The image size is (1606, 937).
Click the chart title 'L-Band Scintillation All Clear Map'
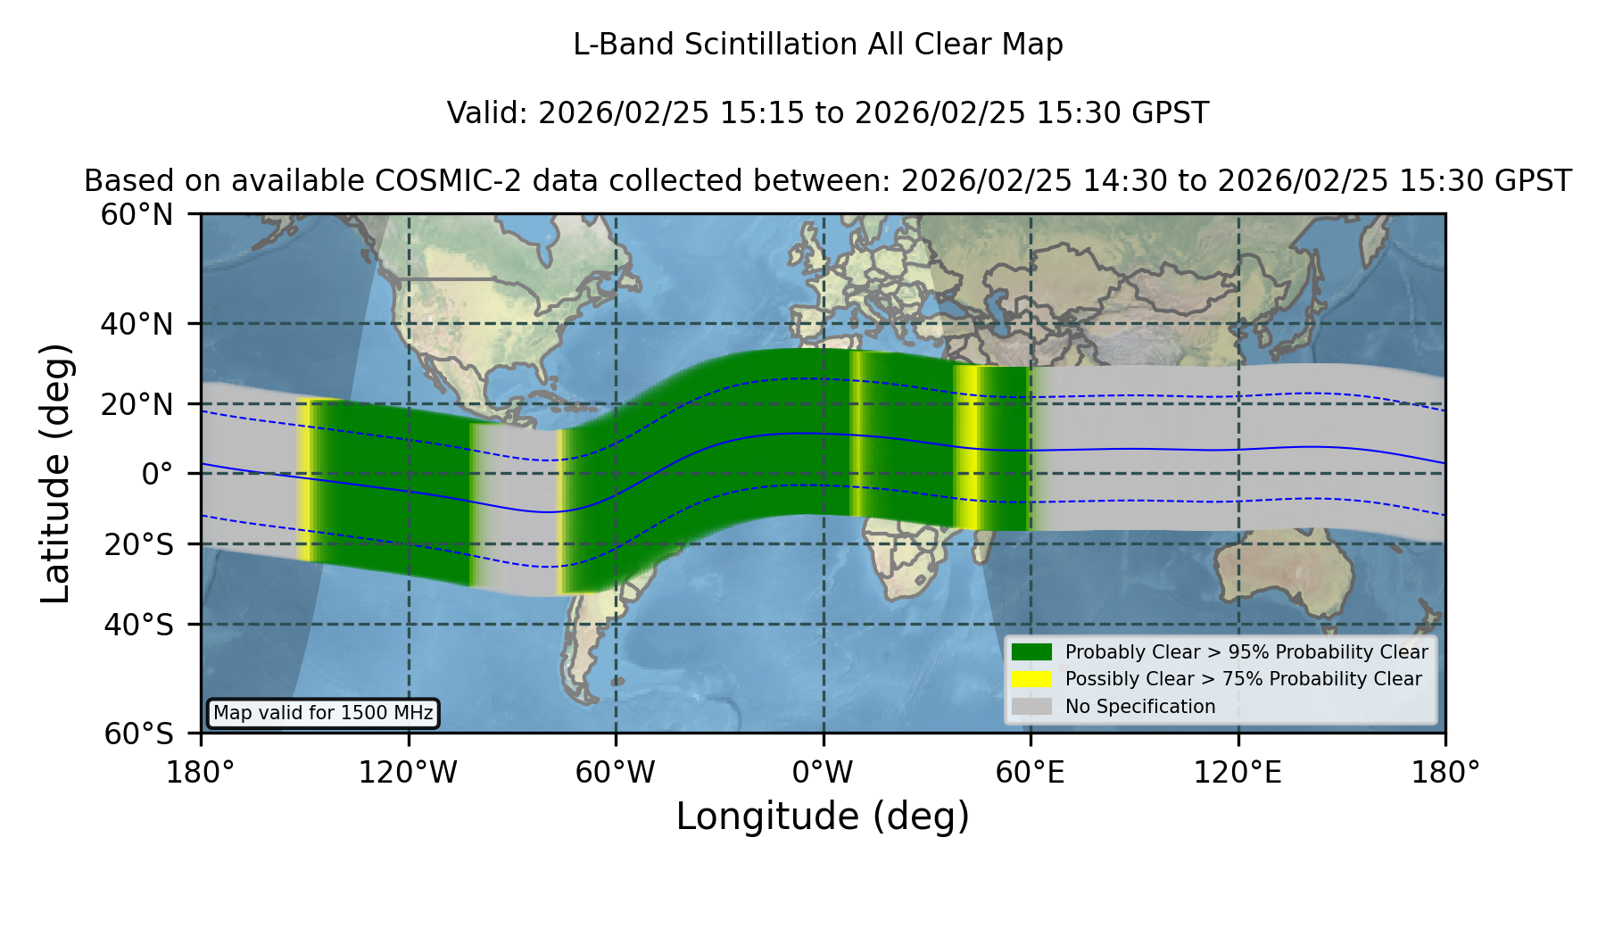(817, 45)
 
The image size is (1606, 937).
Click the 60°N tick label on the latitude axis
(137, 215)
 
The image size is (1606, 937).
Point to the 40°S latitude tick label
(138, 625)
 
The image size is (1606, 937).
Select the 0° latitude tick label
(157, 474)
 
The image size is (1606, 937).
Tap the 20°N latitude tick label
(137, 404)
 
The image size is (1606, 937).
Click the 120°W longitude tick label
(408, 772)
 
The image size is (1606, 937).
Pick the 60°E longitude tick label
(1031, 772)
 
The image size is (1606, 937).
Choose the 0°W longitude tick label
(823, 772)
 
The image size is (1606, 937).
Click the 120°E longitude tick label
(1238, 772)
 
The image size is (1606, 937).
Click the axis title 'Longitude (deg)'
(823, 817)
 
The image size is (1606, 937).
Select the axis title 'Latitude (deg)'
(55, 473)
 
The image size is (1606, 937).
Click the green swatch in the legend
(1032, 652)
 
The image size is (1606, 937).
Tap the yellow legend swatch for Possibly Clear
(1032, 679)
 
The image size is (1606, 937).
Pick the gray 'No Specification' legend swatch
(1032, 707)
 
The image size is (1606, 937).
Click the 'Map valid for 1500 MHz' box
(323, 713)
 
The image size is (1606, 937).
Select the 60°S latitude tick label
(138, 734)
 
